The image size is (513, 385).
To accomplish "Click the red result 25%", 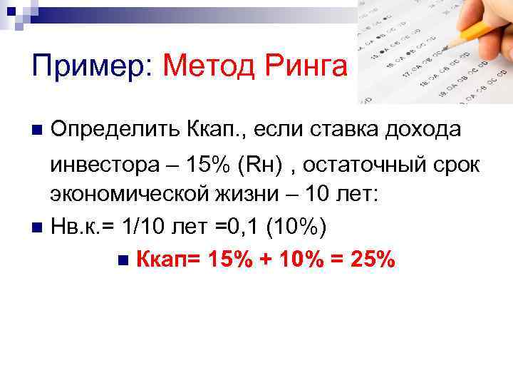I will [368, 260].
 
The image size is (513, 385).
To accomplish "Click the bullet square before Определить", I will [37, 130].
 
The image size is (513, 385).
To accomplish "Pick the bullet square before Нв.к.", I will [37, 229].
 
